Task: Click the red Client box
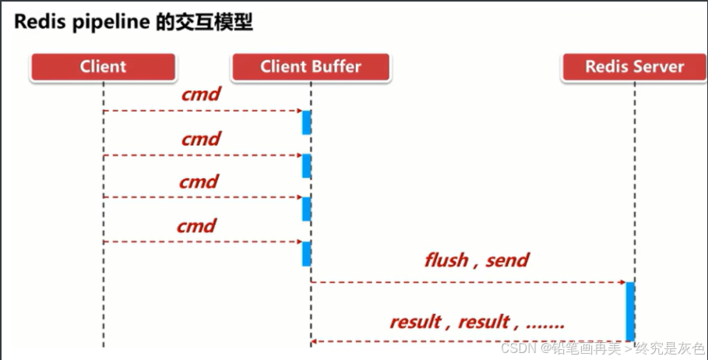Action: pyautogui.click(x=103, y=67)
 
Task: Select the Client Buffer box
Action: pyautogui.click(x=311, y=67)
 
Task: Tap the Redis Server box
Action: pyautogui.click(x=634, y=67)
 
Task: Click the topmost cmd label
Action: pyautogui.click(x=201, y=95)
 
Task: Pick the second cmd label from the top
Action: pyautogui.click(x=201, y=139)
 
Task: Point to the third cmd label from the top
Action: pyautogui.click(x=199, y=182)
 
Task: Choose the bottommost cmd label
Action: pyautogui.click(x=196, y=226)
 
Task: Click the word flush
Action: pyautogui.click(x=446, y=259)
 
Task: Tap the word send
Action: pyautogui.click(x=507, y=259)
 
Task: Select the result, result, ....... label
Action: pyautogui.click(x=477, y=322)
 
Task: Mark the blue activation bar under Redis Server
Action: pyautogui.click(x=630, y=311)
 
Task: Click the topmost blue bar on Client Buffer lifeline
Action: pyautogui.click(x=307, y=122)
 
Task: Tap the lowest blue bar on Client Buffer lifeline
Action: pyautogui.click(x=307, y=253)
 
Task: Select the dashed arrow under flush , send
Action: pyautogui.click(x=467, y=281)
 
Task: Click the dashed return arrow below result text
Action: pyautogui.click(x=467, y=341)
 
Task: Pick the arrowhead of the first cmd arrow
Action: pyautogui.click(x=298, y=111)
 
